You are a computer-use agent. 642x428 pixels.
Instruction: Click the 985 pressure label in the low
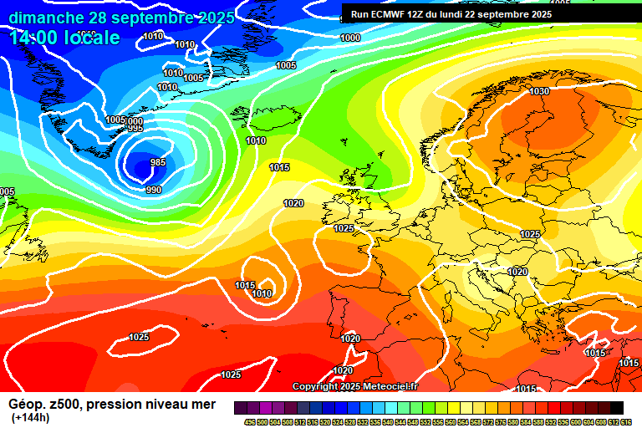point(157,162)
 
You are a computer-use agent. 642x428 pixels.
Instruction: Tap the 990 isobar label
point(154,190)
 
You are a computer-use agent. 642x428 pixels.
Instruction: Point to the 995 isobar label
point(135,128)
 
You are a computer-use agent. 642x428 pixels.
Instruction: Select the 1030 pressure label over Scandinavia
point(539,91)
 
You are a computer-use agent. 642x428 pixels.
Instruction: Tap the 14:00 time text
point(34,38)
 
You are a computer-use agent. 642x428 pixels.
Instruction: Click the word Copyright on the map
point(314,386)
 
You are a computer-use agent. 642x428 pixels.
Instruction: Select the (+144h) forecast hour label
point(31,417)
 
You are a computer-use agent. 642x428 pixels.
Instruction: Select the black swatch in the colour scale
point(616,408)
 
